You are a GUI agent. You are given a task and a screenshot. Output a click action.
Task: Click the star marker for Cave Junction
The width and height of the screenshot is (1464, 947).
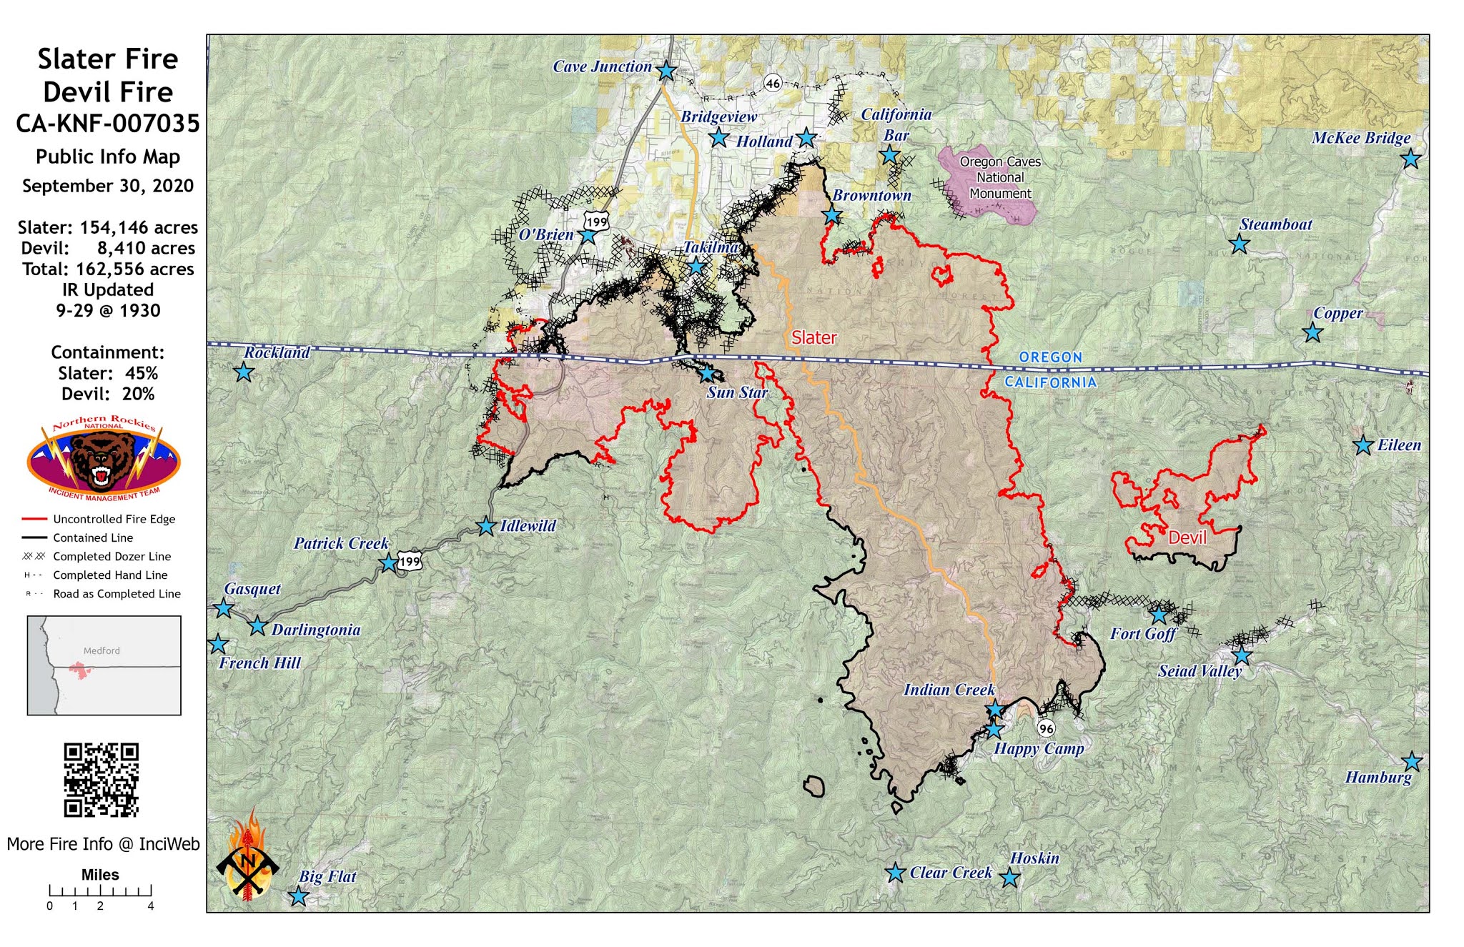tap(666, 71)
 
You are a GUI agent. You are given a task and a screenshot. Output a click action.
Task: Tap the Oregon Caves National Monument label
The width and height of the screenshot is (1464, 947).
tap(999, 177)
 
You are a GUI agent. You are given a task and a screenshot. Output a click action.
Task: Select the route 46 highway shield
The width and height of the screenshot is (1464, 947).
tap(773, 83)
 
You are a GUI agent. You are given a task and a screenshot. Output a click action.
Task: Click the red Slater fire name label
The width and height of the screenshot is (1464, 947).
tap(813, 337)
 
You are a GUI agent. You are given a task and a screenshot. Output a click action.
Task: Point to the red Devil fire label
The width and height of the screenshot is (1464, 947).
tap(1187, 537)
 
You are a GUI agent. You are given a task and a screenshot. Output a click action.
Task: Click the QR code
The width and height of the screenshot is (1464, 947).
tap(101, 780)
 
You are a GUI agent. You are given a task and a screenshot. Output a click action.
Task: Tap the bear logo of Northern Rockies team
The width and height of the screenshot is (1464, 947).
tap(104, 458)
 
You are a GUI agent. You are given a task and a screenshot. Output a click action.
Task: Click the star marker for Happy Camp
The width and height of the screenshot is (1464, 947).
tap(994, 729)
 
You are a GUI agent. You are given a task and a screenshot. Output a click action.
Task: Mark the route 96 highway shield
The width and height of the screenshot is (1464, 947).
tap(1046, 728)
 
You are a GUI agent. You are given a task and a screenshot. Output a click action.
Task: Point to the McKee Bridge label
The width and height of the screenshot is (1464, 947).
tap(1360, 138)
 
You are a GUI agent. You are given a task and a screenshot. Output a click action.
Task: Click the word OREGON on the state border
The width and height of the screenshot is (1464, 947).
tap(1050, 357)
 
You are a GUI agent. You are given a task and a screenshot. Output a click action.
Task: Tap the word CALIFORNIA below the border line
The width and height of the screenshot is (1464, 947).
tap(1050, 382)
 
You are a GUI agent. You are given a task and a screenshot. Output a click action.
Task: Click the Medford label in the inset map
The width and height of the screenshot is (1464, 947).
tap(102, 650)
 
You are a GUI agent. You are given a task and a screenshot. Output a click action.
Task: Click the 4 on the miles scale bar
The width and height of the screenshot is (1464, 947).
tap(151, 906)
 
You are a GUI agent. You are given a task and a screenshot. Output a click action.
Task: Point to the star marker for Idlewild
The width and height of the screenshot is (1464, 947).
tap(486, 526)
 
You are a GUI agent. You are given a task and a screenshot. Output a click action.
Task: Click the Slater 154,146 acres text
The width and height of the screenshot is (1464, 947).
tap(107, 227)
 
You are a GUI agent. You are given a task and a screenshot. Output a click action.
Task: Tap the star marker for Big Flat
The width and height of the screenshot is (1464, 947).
tap(298, 896)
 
